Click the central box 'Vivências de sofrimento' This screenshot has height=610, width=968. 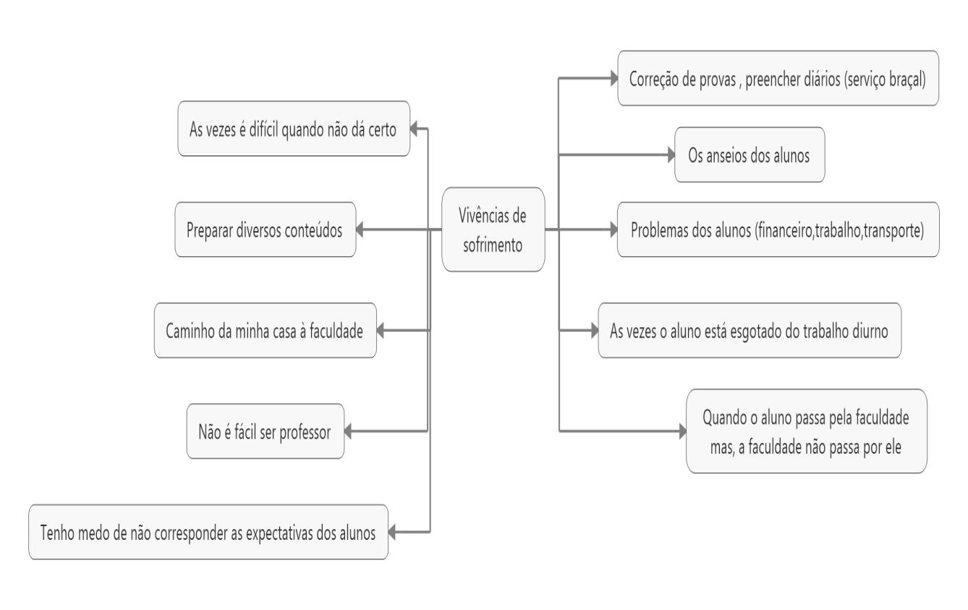[493, 229]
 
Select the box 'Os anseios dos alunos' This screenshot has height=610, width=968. [750, 155]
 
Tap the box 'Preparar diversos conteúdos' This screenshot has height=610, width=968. [266, 229]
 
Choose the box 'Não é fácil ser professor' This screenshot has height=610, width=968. [266, 431]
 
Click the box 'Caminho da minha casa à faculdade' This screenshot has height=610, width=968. [266, 330]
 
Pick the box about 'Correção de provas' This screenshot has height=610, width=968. [778, 78]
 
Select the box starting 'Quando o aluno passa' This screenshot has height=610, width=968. [807, 431]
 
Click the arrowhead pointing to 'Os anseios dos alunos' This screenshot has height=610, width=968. [671, 155]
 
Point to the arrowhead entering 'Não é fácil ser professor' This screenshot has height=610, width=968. [348, 431]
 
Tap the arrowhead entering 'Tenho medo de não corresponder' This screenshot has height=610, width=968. [392, 532]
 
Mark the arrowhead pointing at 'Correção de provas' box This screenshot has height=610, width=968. [614, 78]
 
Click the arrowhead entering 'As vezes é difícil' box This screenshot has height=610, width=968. [414, 128]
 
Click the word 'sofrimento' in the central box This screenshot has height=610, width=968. [493, 245]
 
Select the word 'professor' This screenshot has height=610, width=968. [305, 433]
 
